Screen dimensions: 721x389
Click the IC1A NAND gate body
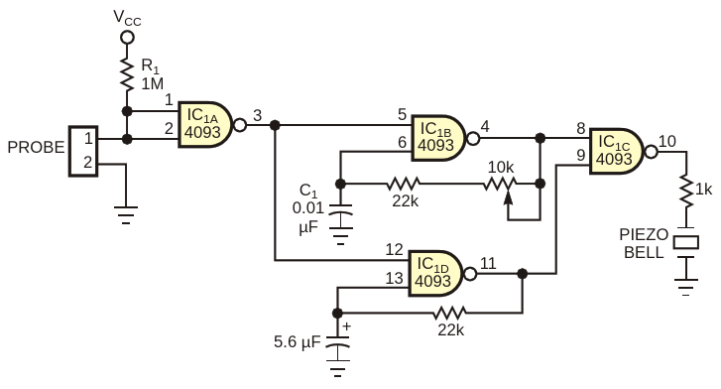pos(204,124)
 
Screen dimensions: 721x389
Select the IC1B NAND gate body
pos(437,138)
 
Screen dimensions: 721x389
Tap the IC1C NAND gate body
pos(616,151)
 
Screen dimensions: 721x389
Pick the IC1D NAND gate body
pos(435,274)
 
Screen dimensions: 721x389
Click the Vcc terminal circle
pos(127,37)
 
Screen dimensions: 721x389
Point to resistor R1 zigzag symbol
pos(127,73)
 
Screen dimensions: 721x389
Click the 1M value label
pos(152,83)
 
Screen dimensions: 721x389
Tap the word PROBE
pos(36,147)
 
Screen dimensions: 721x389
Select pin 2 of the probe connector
pos(87,162)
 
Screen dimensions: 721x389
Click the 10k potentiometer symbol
pos(500,185)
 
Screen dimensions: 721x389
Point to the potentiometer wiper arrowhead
pos(508,196)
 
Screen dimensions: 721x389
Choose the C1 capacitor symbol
pos(340,216)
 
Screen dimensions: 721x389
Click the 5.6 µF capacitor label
pos(298,342)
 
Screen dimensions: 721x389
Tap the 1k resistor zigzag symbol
pos(686,191)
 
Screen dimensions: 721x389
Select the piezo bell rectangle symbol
pos(686,242)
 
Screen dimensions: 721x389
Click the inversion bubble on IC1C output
pos(652,152)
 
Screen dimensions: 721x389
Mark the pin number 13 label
pos(394,278)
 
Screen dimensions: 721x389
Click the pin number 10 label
pos(667,141)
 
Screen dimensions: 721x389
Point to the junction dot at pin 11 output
pos(522,274)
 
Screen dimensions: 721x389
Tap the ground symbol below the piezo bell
pos(686,287)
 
